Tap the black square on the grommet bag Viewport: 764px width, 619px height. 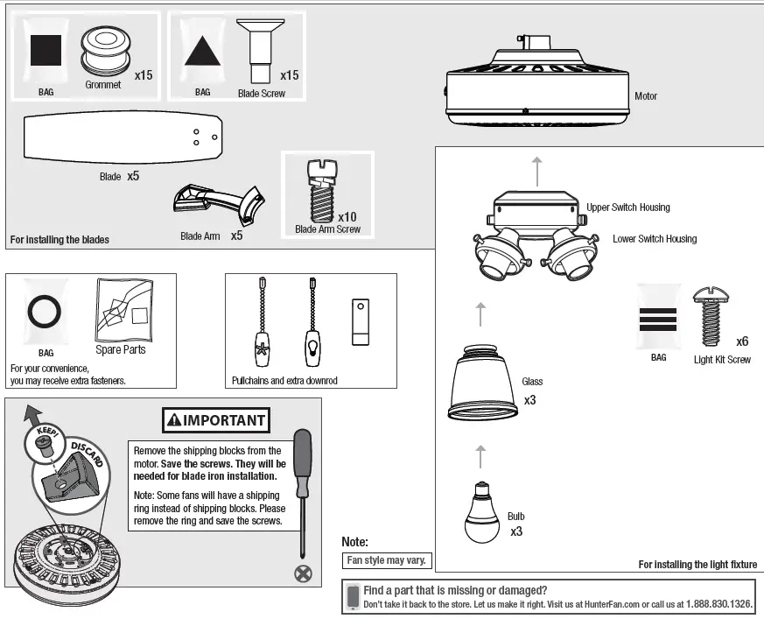[46, 50]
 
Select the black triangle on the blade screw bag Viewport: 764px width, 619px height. [202, 53]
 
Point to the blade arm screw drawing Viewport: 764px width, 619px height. [319, 189]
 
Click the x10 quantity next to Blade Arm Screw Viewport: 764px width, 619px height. [347, 216]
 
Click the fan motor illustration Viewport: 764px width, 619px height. [536, 88]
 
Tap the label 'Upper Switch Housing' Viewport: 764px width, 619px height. [627, 208]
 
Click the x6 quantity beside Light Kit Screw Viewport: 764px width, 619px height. [742, 341]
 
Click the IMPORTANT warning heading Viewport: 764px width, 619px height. [215, 420]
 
